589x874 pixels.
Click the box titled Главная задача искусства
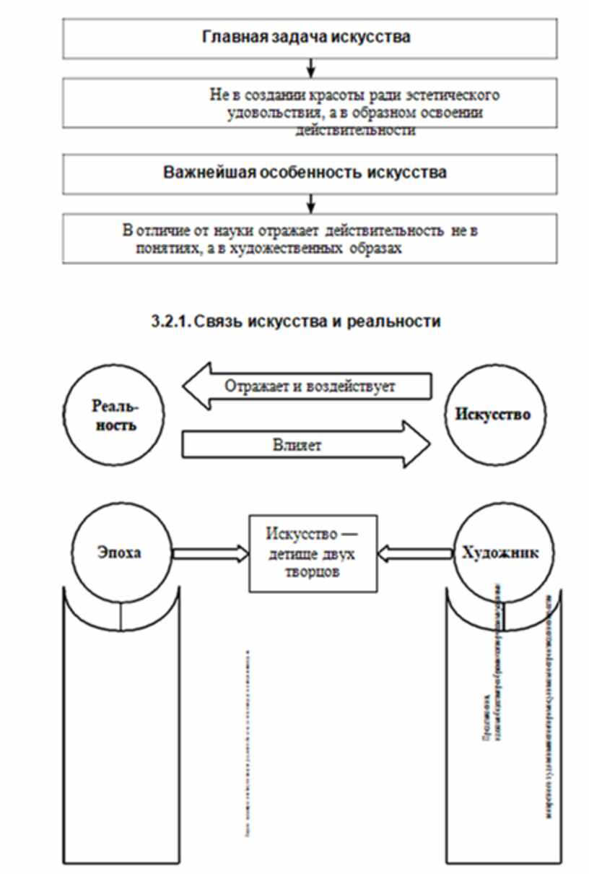tap(310, 38)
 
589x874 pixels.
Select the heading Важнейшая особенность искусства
tap(305, 173)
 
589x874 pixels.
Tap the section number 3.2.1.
tap(170, 322)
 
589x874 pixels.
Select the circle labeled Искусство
tap(493, 415)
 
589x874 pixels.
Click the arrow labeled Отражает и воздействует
tap(307, 385)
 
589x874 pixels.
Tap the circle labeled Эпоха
tap(121, 553)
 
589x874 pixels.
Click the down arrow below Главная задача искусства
tap(310, 68)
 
